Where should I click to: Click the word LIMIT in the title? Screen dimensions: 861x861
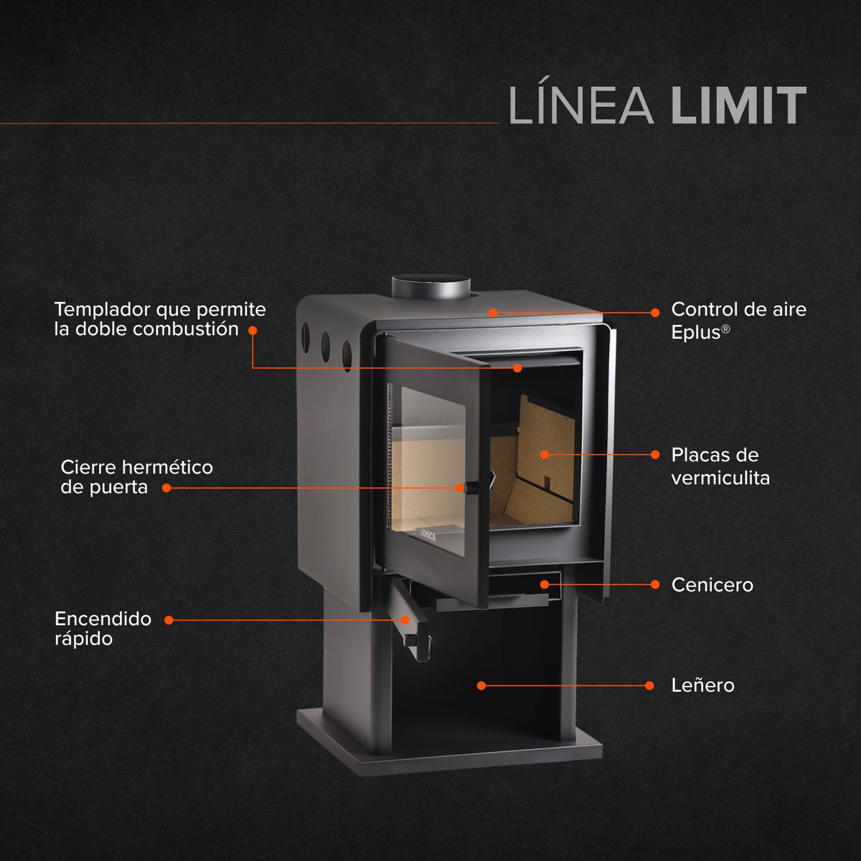739,107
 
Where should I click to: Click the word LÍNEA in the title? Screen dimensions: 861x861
580,107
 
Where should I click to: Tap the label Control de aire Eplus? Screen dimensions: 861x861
738,320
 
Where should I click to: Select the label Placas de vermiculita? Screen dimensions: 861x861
720,466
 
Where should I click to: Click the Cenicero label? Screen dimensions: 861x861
712,585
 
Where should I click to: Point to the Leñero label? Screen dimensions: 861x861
702,685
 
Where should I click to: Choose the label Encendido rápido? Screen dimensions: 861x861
103,628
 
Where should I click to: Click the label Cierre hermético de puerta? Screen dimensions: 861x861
136,477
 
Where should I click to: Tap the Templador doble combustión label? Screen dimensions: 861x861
159,319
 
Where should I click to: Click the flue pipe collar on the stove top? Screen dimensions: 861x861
430,288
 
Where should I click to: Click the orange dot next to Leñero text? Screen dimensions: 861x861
649,685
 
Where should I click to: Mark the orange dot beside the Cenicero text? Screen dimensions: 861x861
654,584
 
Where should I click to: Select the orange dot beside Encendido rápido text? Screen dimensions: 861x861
169,619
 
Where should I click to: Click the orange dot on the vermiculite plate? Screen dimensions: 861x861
544,455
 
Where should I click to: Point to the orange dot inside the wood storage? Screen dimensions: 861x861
481,686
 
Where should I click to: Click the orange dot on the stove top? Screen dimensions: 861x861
493,312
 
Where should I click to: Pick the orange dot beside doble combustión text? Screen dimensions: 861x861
253,330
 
